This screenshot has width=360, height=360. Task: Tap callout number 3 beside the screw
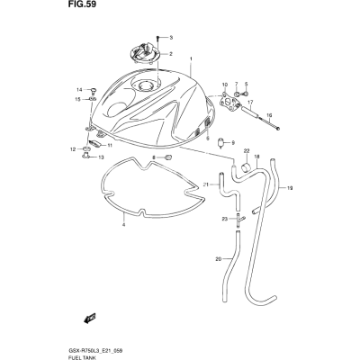click(x=171, y=38)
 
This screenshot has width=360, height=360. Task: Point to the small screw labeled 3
click(x=158, y=38)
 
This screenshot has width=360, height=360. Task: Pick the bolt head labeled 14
click(x=94, y=90)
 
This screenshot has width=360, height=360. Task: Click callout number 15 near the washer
click(x=78, y=99)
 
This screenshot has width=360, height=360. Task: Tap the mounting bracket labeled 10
click(x=229, y=102)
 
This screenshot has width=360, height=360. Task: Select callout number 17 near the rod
click(x=250, y=102)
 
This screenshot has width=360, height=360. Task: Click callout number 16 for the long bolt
click(x=269, y=115)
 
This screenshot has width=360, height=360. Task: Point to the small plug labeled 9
click(x=222, y=142)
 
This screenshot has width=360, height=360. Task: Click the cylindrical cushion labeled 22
click(x=247, y=166)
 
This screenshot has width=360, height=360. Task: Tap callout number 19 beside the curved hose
click(x=289, y=188)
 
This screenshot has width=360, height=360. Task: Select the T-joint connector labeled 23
click(x=239, y=219)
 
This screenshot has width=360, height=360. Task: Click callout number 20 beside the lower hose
click(x=219, y=258)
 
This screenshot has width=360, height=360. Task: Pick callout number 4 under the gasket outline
click(x=123, y=224)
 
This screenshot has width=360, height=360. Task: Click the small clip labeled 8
click(x=169, y=157)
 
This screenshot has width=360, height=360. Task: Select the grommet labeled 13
click(x=85, y=155)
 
